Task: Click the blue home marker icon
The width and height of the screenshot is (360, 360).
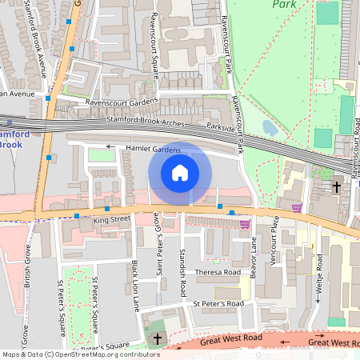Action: (x=180, y=173)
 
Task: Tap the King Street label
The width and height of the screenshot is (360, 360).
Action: (x=111, y=218)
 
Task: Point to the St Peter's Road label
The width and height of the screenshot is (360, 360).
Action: (x=217, y=304)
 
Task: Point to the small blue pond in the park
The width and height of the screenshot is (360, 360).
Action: (x=270, y=127)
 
